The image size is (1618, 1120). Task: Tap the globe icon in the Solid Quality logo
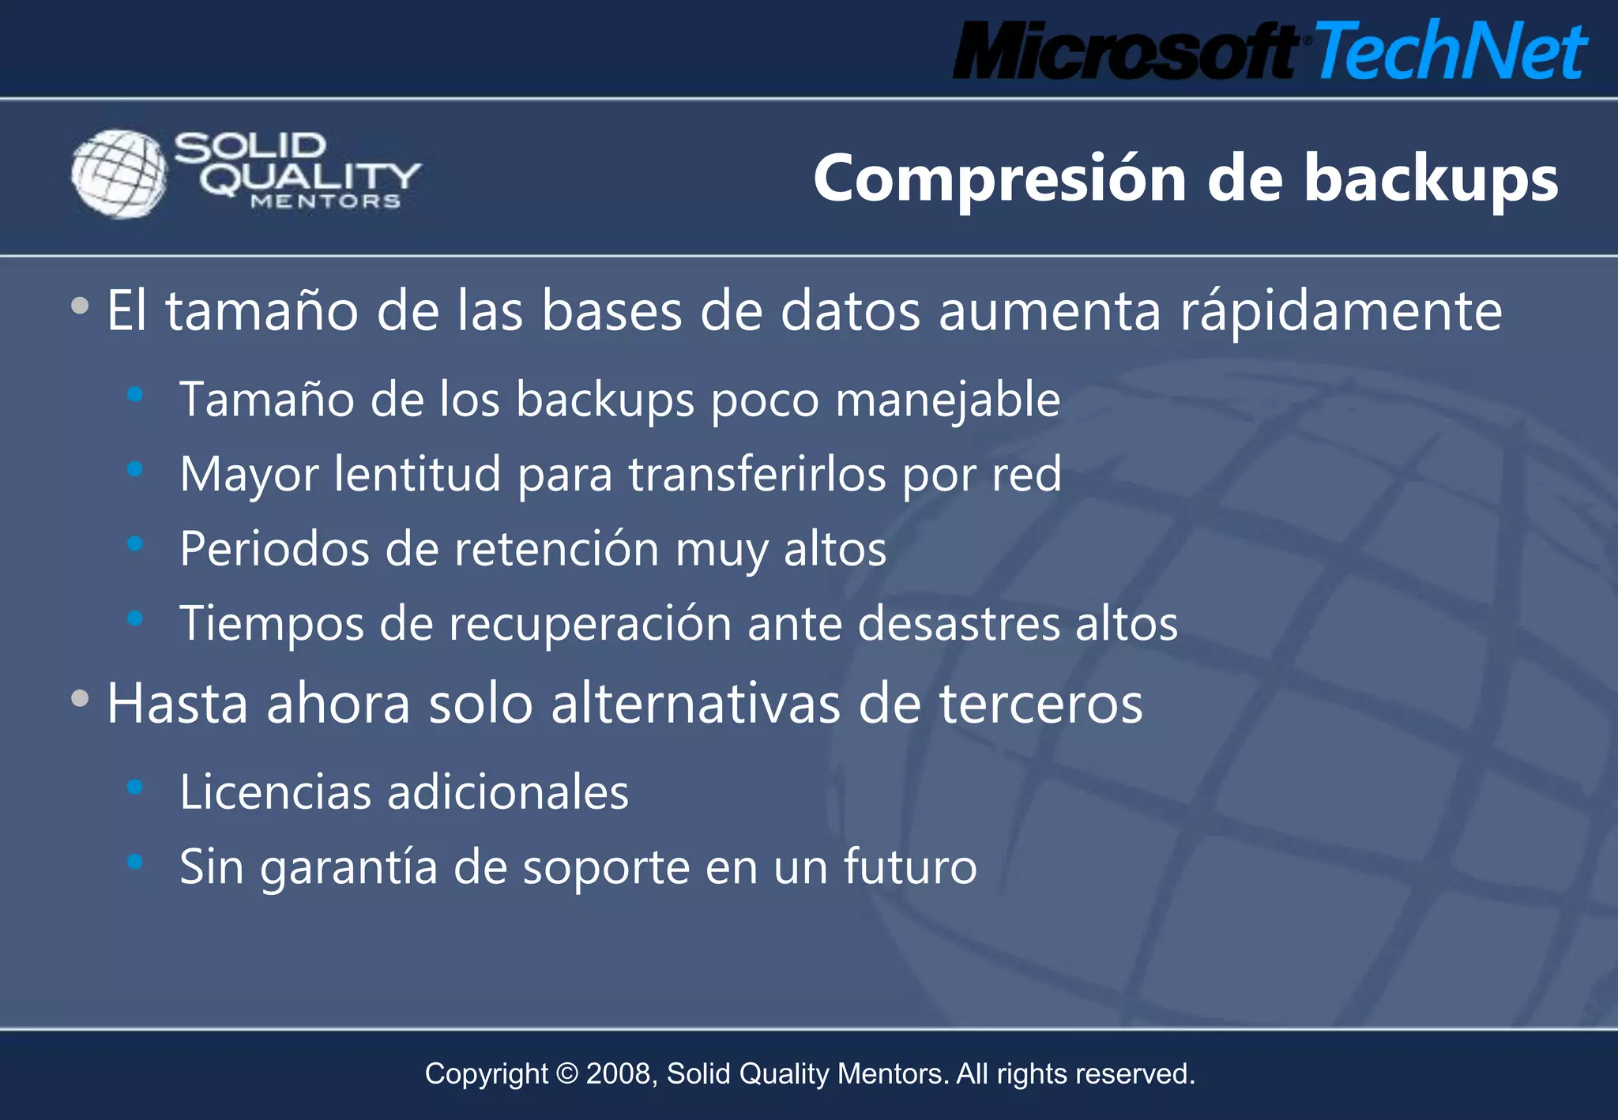pos(119,174)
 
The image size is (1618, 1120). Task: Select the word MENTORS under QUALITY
pos(325,202)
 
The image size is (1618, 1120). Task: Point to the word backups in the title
pos(1430,179)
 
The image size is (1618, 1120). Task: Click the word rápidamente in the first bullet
pos(1341,312)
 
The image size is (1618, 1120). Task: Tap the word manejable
pos(947,400)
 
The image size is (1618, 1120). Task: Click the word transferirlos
pos(756,475)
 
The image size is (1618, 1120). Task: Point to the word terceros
pos(1040,704)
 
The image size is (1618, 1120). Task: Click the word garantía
pos(348,867)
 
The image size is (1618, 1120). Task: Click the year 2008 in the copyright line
pos(619,1074)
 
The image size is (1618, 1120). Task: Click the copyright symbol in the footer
pos(566,1074)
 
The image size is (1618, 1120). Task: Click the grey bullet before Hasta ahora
pos(80,698)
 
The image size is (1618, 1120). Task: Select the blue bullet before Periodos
pos(135,543)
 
